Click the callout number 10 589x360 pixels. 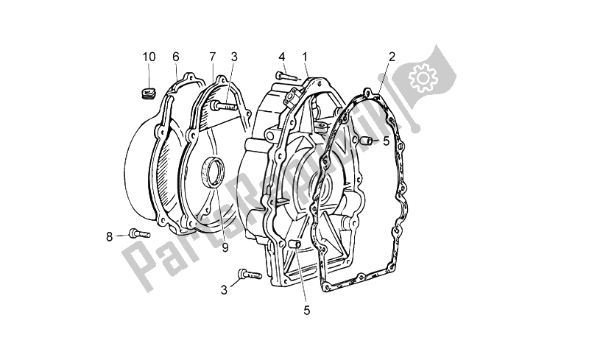point(149,57)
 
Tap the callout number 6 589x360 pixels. point(176,57)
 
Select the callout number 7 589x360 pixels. point(211,57)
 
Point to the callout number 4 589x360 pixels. point(281,57)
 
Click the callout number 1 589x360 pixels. point(303,57)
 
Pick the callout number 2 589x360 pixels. point(392,57)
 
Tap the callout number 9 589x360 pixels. point(225,247)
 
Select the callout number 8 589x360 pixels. point(109,236)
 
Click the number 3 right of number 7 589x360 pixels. point(233,57)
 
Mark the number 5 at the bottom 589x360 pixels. point(306,311)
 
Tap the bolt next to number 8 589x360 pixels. point(137,233)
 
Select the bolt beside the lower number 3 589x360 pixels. point(248,276)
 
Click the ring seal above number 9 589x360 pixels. point(216,174)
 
